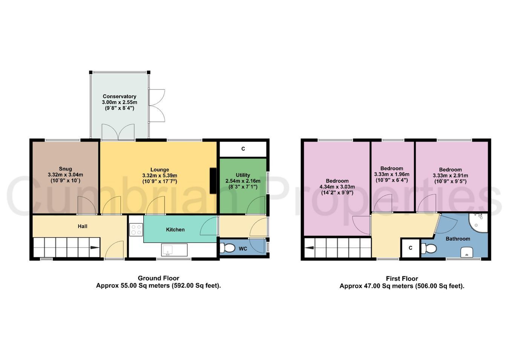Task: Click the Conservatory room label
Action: coord(119,97)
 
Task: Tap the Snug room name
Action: coord(66,169)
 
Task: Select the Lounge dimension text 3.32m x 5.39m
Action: coord(160,175)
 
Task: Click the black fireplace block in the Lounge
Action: coord(213,181)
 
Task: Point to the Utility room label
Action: coord(243,175)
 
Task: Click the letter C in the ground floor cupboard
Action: coord(243,149)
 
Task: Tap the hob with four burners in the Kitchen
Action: coord(136,230)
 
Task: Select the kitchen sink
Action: coord(175,250)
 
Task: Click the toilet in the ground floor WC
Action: coord(227,248)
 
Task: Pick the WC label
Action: coord(243,249)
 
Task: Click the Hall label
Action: coord(83,226)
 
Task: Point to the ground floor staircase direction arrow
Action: coord(95,248)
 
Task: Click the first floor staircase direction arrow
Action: coord(309,248)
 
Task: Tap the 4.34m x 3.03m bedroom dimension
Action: coord(337,187)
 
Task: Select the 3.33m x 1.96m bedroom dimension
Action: coord(392,174)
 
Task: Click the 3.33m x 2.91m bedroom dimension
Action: coord(451,175)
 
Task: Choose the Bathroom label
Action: coord(458,239)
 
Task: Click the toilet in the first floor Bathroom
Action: coord(429,248)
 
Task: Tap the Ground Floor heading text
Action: coord(159,278)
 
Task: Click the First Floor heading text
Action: coord(402,278)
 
